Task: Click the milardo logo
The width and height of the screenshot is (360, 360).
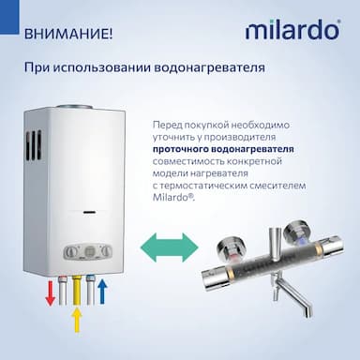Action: (292, 30)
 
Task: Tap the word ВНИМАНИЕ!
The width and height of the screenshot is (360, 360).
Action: (67, 34)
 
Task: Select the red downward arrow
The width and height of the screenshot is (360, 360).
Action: (50, 293)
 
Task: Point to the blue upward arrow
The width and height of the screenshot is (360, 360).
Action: (102, 292)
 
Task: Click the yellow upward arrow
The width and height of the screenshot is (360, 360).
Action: (76, 320)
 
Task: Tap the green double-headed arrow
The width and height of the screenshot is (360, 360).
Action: (170, 247)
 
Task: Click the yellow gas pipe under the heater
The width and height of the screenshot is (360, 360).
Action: (77, 290)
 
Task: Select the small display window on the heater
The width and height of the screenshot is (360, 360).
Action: (90, 213)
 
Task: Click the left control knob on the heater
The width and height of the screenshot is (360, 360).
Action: (70, 250)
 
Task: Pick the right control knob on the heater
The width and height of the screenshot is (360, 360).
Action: (107, 250)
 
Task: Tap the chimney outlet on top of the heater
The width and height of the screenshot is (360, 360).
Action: (74, 107)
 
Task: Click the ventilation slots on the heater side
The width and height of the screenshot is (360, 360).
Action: (33, 145)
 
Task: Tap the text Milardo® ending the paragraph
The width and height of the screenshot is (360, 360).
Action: (173, 198)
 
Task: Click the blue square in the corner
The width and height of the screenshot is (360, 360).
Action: (9, 17)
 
